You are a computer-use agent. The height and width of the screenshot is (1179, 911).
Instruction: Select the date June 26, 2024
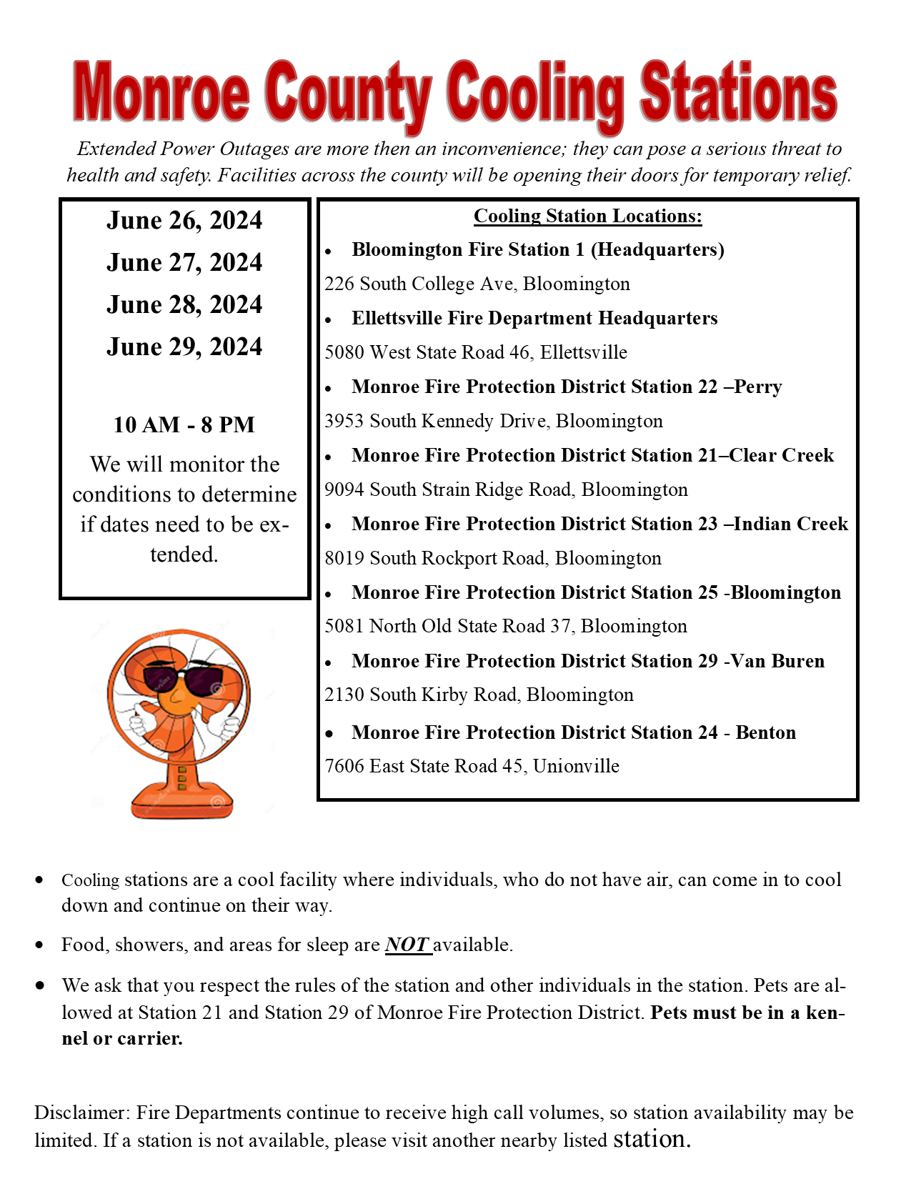coord(184,221)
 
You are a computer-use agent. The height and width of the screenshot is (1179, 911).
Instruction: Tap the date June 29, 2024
coord(184,347)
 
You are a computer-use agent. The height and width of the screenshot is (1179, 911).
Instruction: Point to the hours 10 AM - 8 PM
coord(184,425)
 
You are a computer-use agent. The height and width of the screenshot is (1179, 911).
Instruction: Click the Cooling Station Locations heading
coord(587,216)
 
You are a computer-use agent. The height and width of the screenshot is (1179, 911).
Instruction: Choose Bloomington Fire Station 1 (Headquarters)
coord(537,250)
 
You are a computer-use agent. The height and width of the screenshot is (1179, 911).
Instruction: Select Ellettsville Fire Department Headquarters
coord(534,319)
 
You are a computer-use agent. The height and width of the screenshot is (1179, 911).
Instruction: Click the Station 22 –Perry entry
coord(567,387)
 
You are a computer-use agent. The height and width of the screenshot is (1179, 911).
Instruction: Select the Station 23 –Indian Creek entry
coord(599,524)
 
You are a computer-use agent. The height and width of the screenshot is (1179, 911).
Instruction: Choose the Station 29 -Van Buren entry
coord(588,662)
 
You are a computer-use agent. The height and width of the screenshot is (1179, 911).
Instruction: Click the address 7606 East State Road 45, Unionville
coord(472,767)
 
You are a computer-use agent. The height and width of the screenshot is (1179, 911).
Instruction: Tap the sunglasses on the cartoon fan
coord(184,680)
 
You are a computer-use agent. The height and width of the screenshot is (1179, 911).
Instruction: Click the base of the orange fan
coord(181,804)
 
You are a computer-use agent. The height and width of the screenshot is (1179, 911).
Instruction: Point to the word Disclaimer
coord(81,1113)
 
